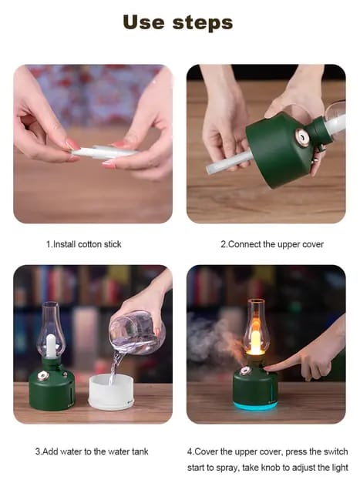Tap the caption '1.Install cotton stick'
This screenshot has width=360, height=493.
83,244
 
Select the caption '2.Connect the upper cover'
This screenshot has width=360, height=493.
272,244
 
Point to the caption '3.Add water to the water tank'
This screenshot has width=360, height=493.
92,451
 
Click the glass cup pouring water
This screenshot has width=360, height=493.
136,331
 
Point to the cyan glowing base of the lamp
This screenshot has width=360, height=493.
255,404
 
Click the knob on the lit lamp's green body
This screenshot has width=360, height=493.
246,371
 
